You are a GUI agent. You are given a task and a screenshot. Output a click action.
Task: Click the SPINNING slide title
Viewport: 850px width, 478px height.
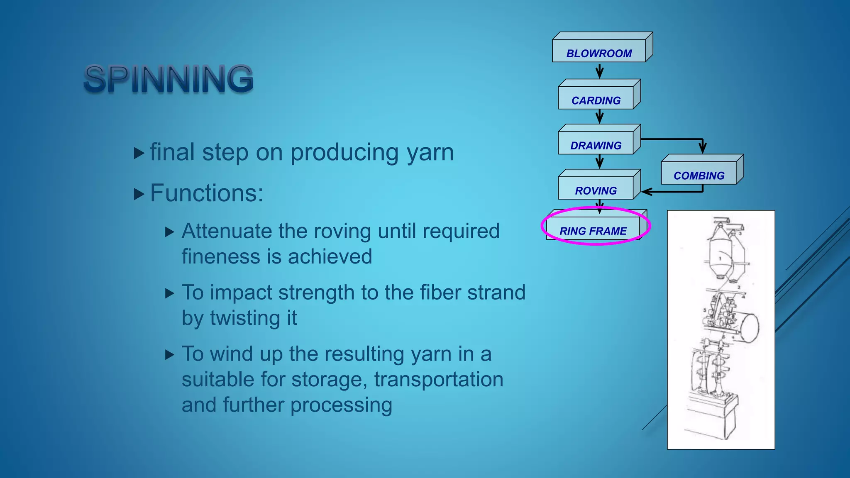(x=169, y=78)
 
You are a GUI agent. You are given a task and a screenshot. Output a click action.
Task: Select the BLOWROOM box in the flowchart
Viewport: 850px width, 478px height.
(x=599, y=53)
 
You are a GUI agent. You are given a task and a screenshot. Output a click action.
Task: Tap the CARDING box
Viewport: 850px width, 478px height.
(x=596, y=100)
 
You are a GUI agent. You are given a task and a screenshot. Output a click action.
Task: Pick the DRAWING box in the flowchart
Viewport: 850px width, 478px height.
(x=596, y=145)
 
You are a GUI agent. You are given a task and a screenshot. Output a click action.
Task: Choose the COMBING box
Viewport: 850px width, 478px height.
(x=699, y=176)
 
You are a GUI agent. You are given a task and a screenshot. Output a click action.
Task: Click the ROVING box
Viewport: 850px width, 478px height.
(x=596, y=190)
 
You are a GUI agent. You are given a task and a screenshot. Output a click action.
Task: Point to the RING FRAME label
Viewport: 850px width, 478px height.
(x=593, y=231)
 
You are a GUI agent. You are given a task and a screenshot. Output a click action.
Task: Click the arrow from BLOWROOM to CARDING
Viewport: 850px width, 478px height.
(x=599, y=71)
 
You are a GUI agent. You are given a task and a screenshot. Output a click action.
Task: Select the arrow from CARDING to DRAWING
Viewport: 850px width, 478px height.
(x=599, y=117)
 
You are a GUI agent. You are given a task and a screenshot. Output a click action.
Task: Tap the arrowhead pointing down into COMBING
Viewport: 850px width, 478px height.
(x=702, y=148)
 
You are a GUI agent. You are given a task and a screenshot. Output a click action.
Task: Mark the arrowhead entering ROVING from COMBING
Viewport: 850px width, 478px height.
(x=646, y=192)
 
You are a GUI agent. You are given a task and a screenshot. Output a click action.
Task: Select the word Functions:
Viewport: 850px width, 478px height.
(x=207, y=193)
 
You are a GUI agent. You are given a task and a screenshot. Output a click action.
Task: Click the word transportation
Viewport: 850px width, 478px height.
(x=439, y=379)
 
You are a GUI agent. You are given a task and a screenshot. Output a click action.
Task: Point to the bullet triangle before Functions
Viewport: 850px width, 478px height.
(x=139, y=194)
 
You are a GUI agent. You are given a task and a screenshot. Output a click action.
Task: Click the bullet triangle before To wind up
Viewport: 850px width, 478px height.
(x=169, y=355)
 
